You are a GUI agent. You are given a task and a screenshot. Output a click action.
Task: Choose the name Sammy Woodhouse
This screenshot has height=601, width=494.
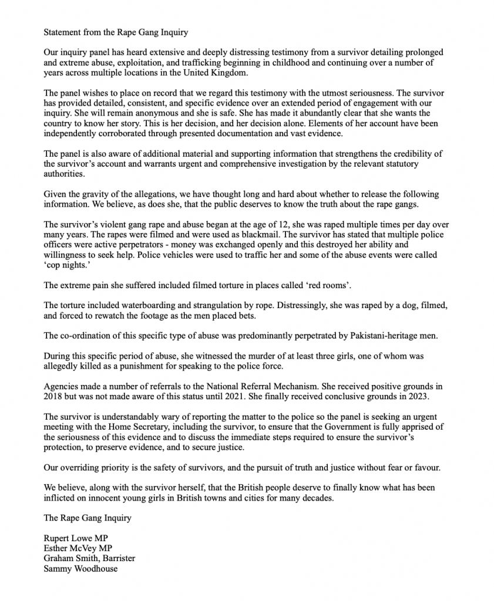[80, 569]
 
